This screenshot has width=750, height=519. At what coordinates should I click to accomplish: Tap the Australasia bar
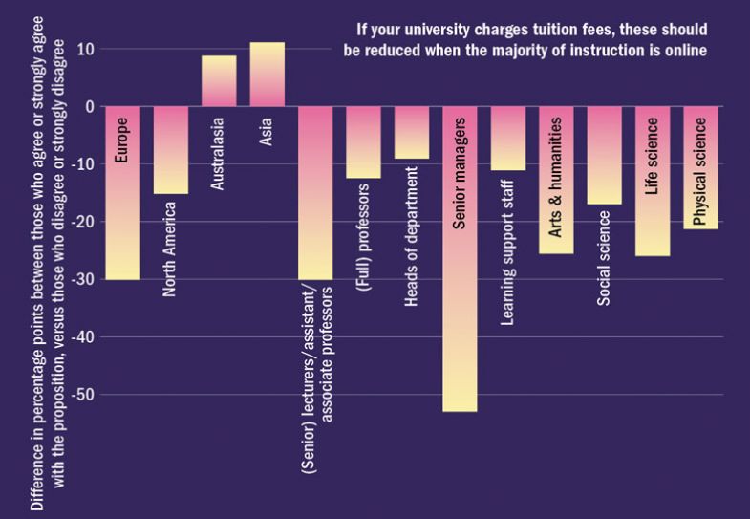point(219,81)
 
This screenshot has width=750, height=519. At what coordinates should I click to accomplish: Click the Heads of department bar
point(411,132)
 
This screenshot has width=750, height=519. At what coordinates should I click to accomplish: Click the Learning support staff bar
point(507,138)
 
